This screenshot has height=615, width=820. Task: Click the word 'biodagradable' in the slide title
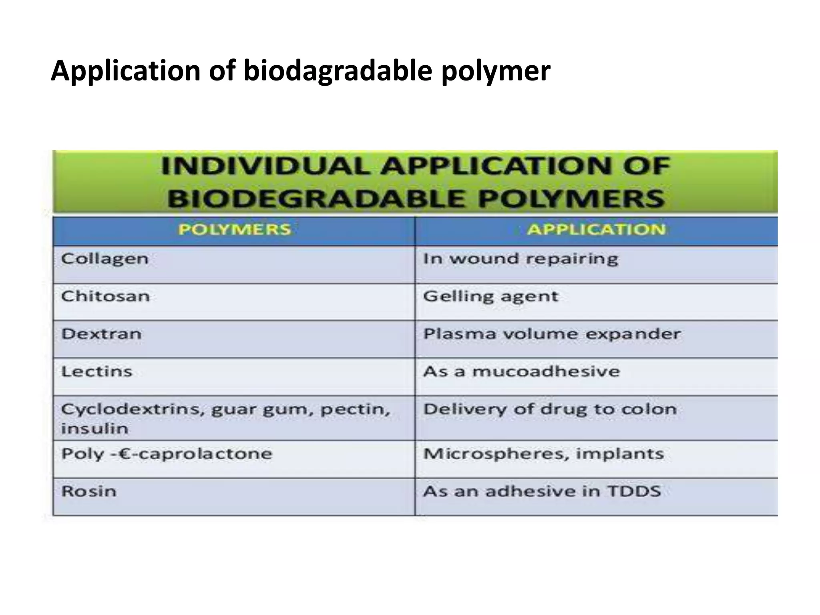click(x=338, y=71)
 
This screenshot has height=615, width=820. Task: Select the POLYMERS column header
click(x=235, y=229)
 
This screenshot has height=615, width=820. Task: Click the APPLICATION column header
click(x=596, y=229)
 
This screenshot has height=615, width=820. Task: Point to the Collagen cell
click(x=105, y=259)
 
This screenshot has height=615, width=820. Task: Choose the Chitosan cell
click(x=106, y=296)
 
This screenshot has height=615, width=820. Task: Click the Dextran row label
click(x=102, y=334)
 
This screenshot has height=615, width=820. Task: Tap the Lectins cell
click(x=97, y=372)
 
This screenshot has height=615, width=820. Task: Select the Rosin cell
click(x=89, y=491)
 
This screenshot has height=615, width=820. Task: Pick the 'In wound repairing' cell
click(x=521, y=259)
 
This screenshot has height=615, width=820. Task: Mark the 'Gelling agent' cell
click(x=490, y=297)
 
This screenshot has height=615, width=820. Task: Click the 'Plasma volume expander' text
click(x=552, y=334)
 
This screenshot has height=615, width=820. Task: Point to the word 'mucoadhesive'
click(x=546, y=372)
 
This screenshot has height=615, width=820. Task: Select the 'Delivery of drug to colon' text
click(x=550, y=409)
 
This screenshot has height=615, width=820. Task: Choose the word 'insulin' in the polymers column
click(x=95, y=428)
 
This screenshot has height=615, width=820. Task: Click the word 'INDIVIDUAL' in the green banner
click(x=265, y=166)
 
